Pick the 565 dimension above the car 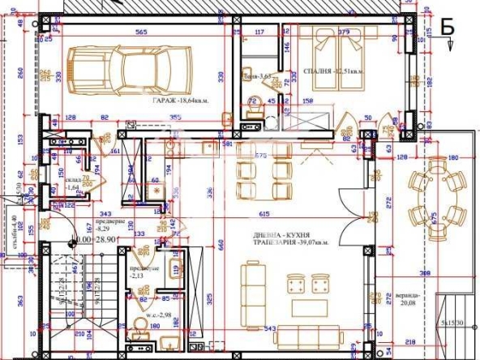click(x=140, y=32)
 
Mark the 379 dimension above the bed click(x=345, y=32)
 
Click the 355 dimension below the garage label click(x=175, y=117)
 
